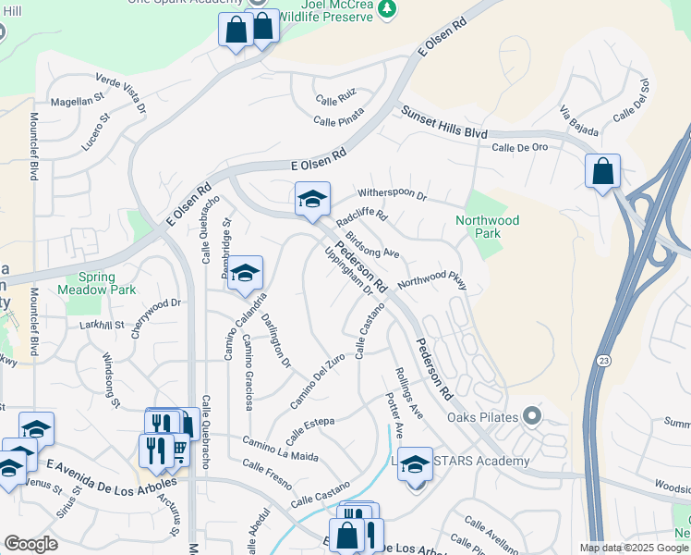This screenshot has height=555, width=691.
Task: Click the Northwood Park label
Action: point(487,227)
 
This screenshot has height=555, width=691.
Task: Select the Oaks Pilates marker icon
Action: point(530,415)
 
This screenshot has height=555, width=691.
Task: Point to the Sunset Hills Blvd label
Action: point(443,122)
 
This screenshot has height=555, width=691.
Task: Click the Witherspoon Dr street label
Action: point(392,195)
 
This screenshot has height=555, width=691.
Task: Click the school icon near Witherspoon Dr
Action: point(312,198)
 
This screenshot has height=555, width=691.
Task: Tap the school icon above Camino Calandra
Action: point(245,273)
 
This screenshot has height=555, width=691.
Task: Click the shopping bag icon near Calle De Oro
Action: point(602,171)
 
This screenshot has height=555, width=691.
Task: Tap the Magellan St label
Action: point(77,101)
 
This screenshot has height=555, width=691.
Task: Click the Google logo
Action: point(30,544)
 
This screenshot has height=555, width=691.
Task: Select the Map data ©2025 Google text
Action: point(633,548)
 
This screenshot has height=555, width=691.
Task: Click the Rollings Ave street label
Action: point(407,392)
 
